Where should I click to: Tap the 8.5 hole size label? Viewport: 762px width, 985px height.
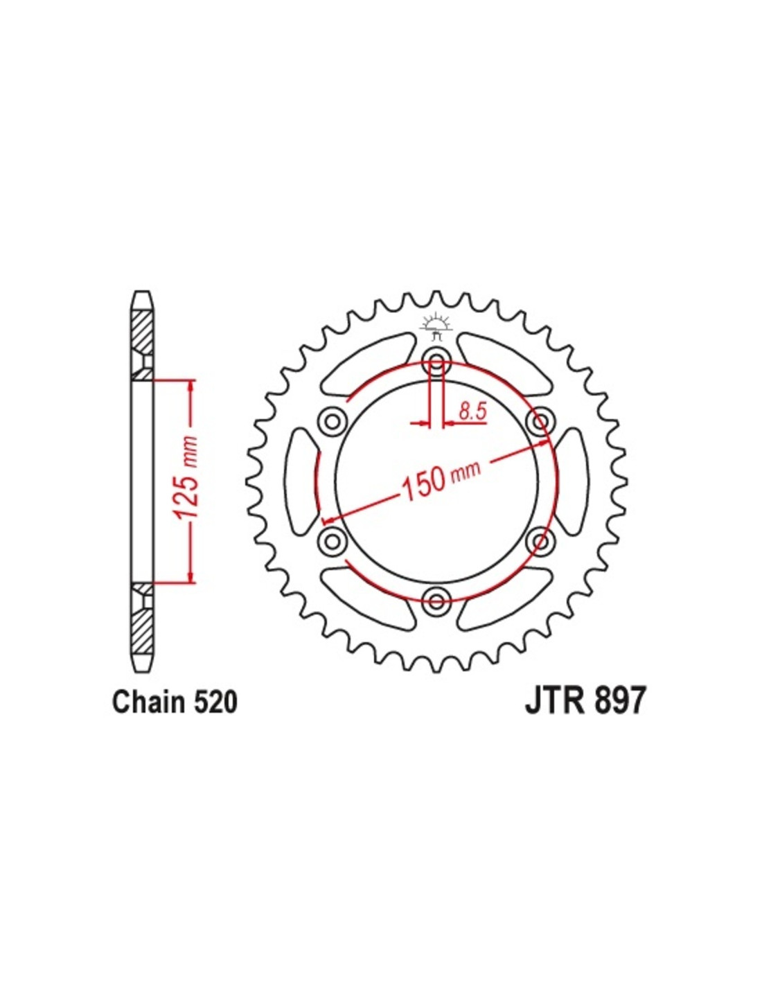click(x=472, y=411)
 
